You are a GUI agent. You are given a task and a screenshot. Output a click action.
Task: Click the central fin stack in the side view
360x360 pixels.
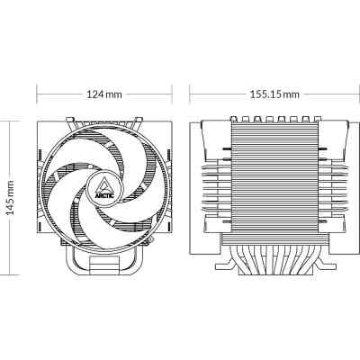click(x=271, y=180)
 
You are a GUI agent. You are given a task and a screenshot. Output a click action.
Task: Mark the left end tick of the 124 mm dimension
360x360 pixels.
click(x=37, y=94)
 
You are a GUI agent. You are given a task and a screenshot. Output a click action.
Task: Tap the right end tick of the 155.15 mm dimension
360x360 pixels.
click(x=351, y=94)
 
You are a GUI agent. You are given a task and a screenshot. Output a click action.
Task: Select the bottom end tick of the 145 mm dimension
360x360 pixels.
click(x=11, y=274)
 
